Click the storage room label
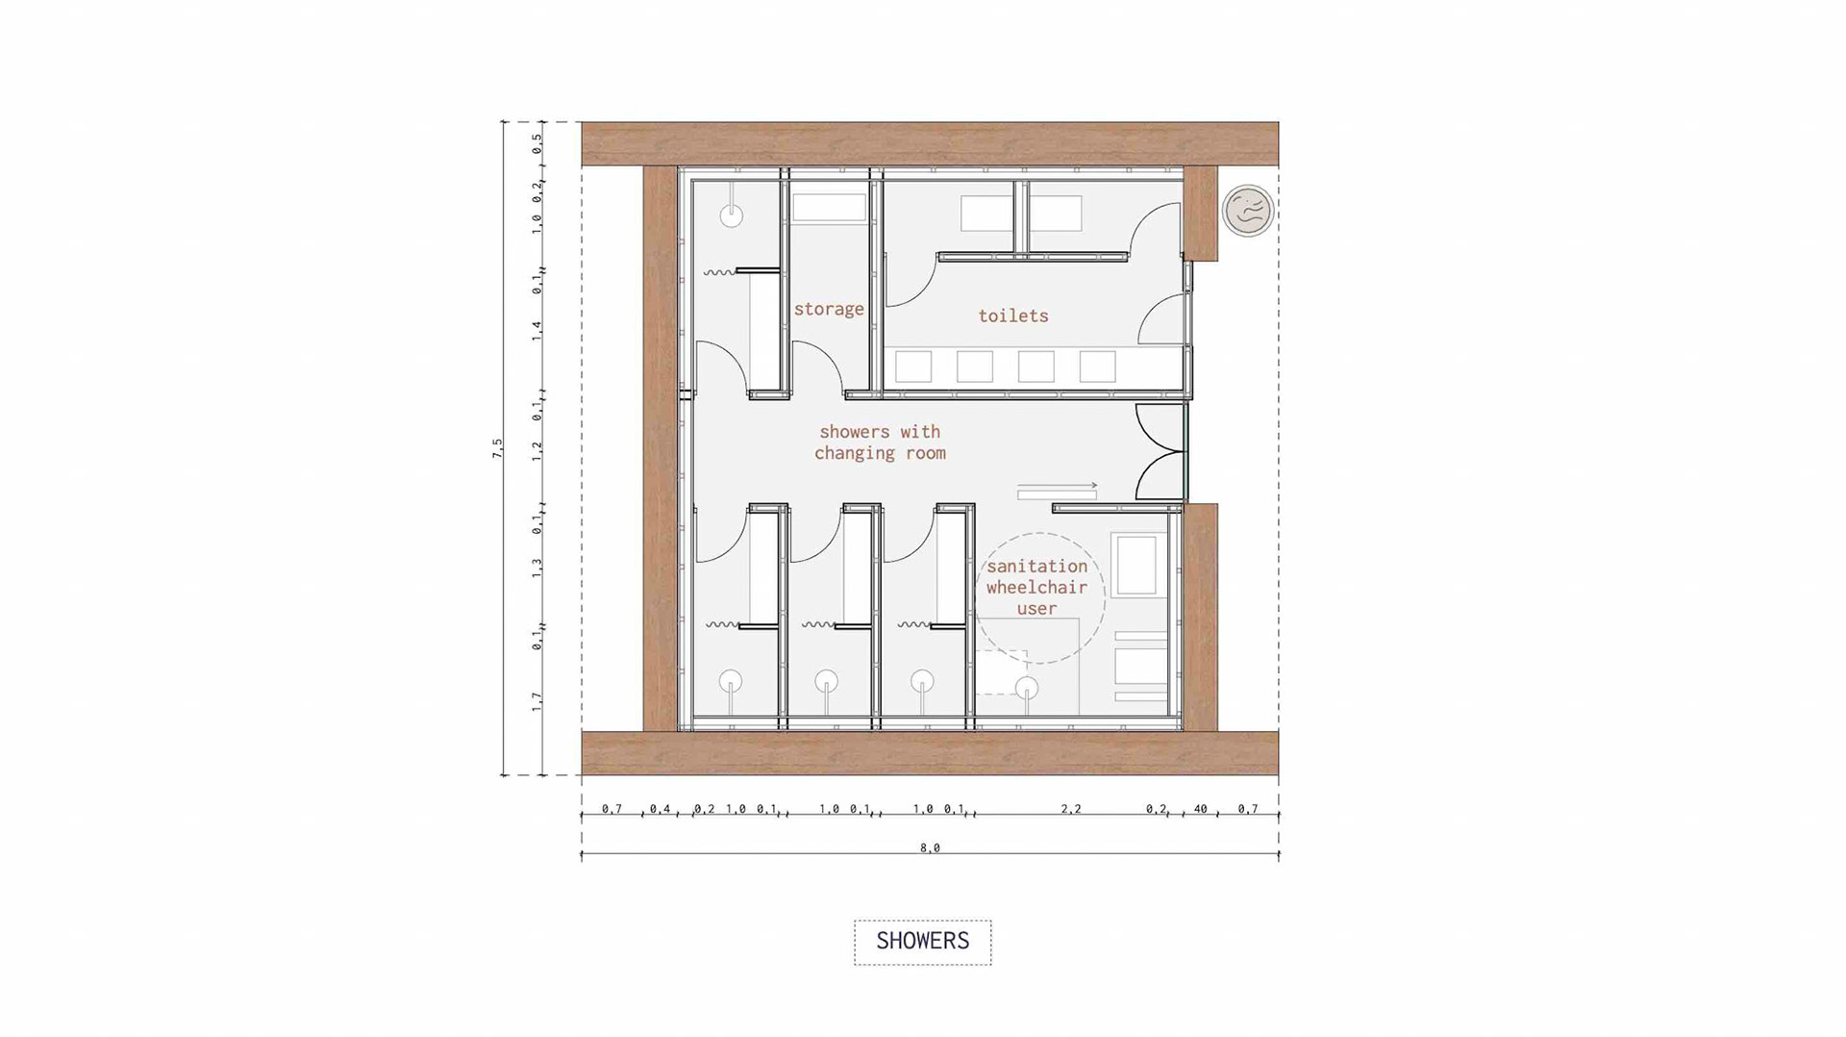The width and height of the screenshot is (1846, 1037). coord(829,310)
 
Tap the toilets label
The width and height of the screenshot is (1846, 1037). coord(1013,316)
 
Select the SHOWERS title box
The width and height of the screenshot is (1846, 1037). coord(923,942)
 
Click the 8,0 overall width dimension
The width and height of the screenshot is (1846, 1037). coord(930,847)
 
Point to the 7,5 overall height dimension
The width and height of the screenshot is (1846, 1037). coord(498,448)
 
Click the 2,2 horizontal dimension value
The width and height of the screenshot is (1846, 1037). coord(1071,809)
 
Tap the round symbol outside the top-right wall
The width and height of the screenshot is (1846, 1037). coord(1248,211)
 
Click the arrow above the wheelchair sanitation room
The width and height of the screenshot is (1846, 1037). coord(1058,486)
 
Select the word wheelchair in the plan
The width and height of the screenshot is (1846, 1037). coord(1036,587)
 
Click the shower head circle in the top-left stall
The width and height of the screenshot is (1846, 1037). coord(732,215)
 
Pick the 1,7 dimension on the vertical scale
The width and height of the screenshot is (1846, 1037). coord(537,701)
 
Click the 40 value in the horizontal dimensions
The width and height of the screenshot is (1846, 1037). coord(1201,809)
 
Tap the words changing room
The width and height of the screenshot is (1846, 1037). coord(881,453)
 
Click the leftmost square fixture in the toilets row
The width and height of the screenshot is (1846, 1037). coord(913,367)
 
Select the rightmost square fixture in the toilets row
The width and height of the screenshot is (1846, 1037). coord(1097,367)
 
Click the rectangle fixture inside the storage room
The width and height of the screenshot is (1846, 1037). coord(829,208)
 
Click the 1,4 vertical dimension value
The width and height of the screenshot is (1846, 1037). coord(537,331)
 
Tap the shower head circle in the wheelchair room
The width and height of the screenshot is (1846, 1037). coord(1028,688)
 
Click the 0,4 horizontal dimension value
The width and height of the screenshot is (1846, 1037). coord(660,809)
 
